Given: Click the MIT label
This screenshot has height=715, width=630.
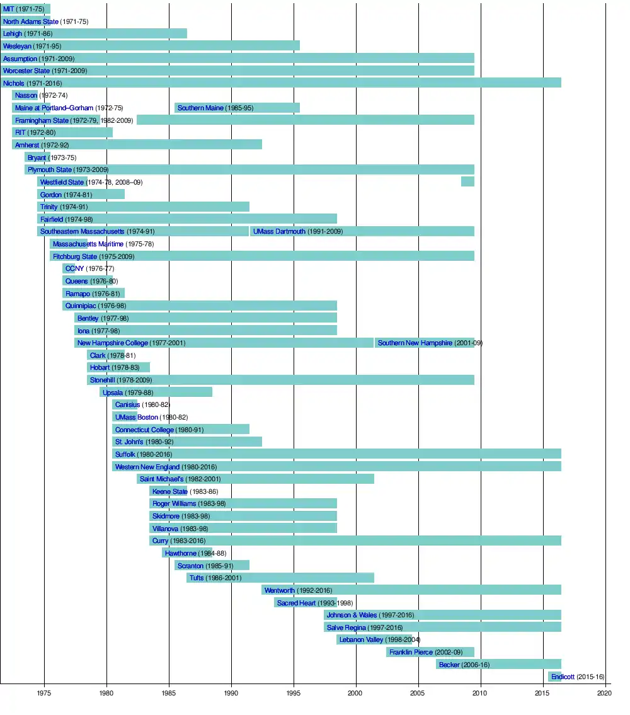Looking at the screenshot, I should click(x=8, y=9).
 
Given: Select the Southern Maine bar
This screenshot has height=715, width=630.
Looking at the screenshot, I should click(x=237, y=108).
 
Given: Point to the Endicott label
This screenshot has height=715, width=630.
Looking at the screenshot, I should click(x=563, y=677).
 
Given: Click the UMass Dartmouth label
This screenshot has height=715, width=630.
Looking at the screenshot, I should click(x=279, y=231).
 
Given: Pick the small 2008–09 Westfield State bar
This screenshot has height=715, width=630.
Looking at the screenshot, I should click(x=467, y=181).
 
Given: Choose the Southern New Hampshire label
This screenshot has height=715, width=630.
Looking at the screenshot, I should click(x=415, y=343).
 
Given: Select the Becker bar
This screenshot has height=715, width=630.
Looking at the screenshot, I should click(x=498, y=664).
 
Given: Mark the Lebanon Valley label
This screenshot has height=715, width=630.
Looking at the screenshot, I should click(x=361, y=639).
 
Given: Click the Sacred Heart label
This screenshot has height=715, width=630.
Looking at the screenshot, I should click(x=296, y=603).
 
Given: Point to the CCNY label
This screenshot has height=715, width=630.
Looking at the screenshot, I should click(x=74, y=268).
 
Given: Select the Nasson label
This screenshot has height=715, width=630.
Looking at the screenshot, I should click(x=26, y=95).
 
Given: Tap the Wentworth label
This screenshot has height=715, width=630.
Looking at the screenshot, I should click(x=279, y=590).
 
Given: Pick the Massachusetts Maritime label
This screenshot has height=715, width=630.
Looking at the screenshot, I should click(x=88, y=244).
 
